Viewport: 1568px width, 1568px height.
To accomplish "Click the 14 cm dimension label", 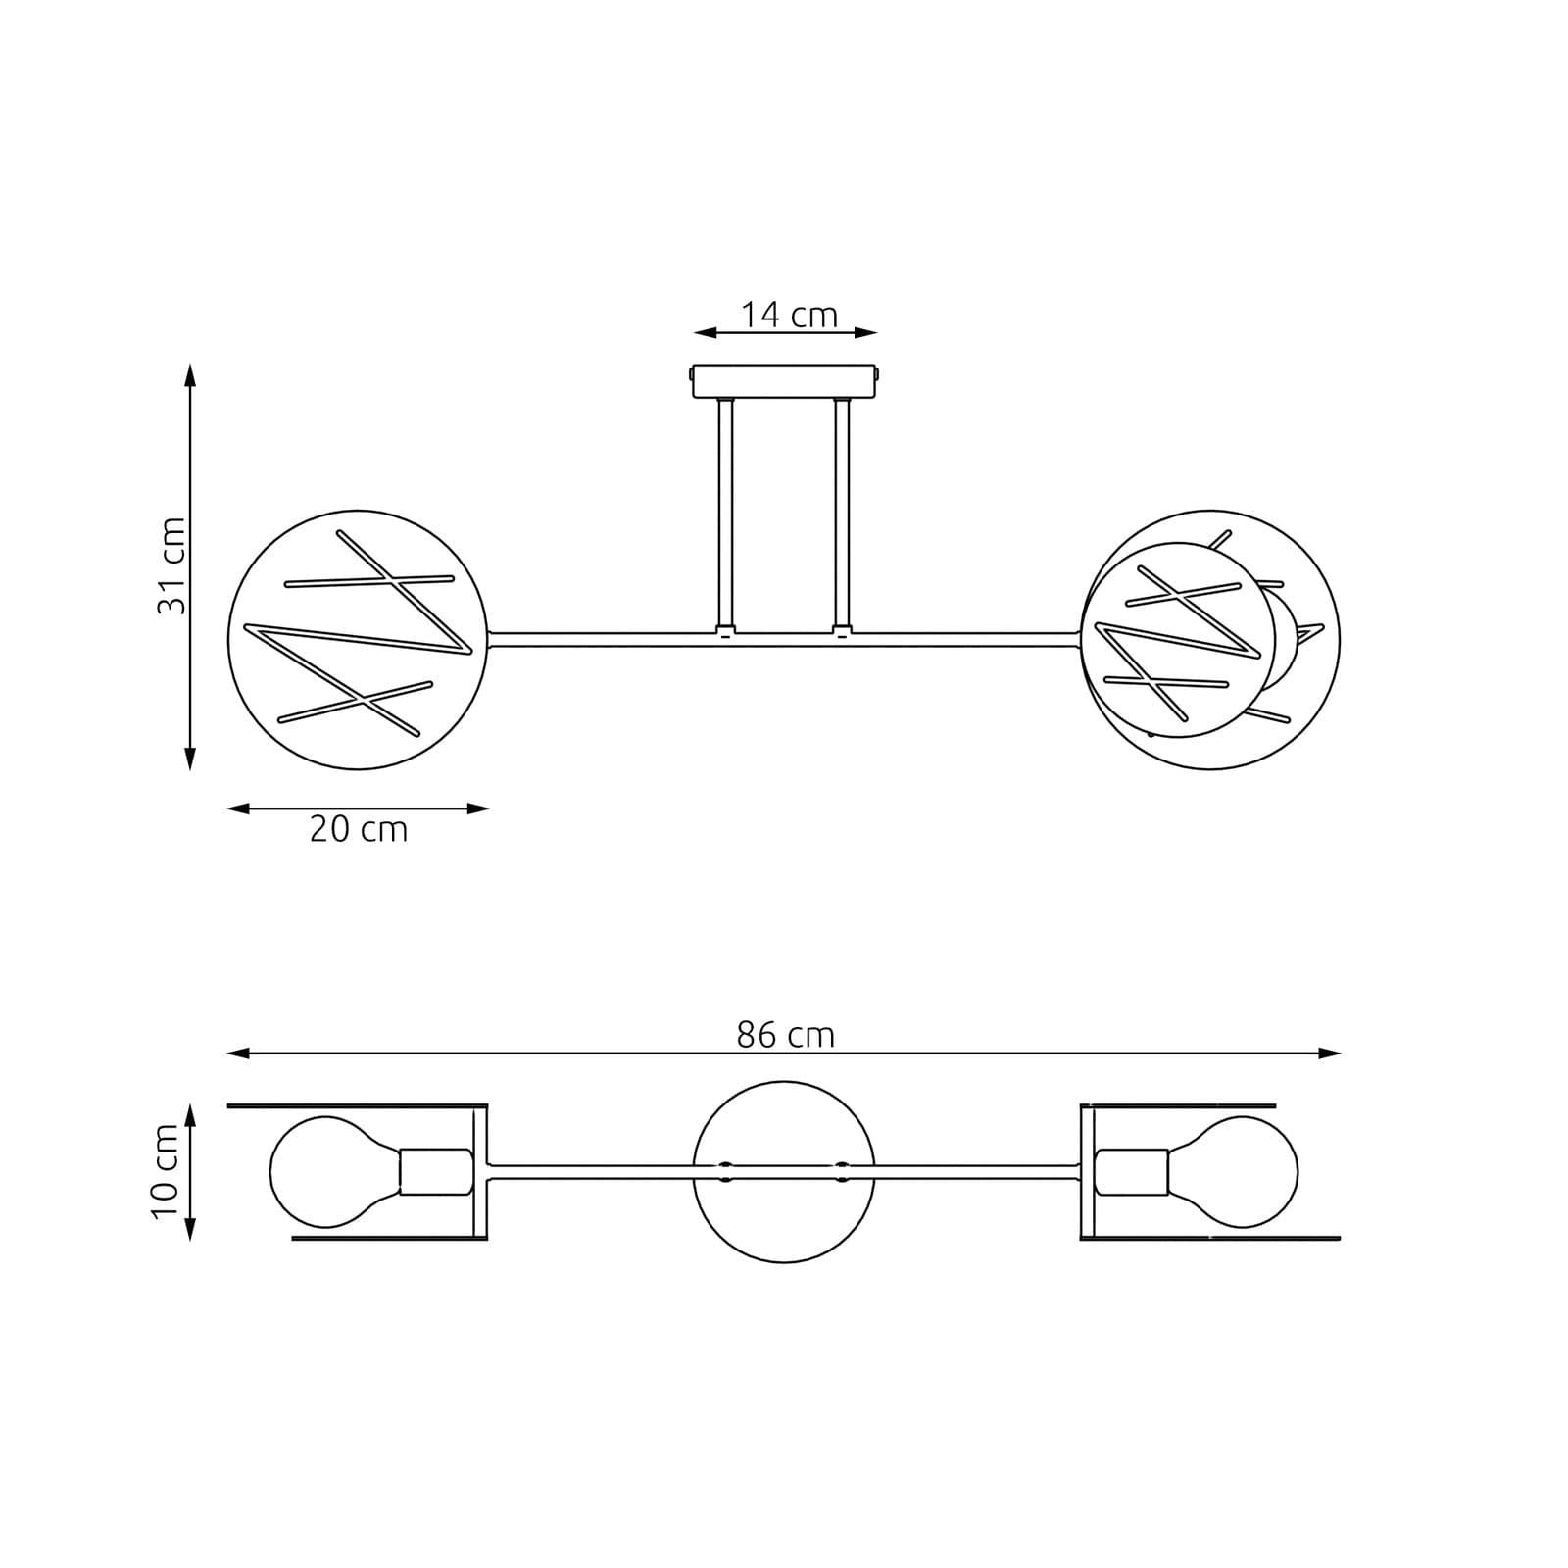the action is coord(789,316).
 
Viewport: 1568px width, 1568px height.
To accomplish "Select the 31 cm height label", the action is coord(171,565).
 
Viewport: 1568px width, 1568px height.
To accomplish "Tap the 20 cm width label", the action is coord(358,830).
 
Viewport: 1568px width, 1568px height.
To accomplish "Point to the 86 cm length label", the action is coord(785,1035).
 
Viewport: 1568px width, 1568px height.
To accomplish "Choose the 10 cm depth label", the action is coord(165,1171).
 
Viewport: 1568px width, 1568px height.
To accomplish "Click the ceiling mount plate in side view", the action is coord(785,381).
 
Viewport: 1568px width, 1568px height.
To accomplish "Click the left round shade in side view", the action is coord(358,639).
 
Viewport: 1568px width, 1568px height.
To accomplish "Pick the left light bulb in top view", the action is coord(333,1172).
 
